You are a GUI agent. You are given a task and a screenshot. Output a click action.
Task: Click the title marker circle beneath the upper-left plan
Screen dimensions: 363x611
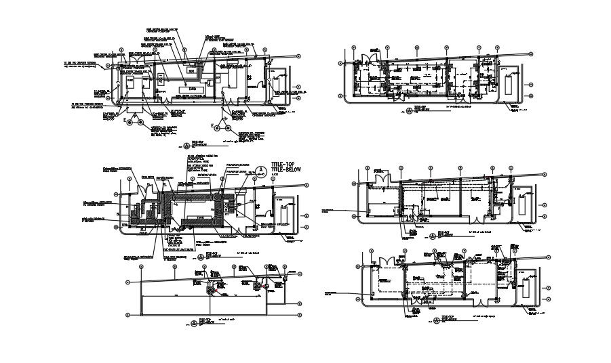pos(188,146)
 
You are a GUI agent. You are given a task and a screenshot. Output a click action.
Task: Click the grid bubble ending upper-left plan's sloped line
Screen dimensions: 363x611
pos(299,56)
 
